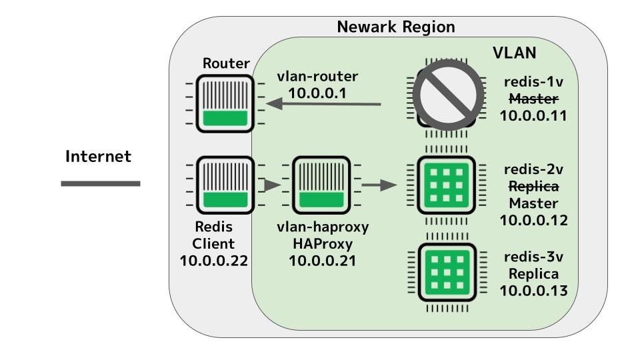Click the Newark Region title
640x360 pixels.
coord(395,27)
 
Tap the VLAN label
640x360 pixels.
coord(514,53)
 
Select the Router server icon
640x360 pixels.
coord(225,103)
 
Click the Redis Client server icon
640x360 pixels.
coord(225,185)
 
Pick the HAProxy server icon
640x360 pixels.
coord(321,185)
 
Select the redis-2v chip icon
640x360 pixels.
coord(446,185)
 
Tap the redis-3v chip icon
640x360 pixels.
coord(446,272)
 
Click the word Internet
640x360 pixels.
coord(98,157)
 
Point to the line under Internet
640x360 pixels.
coord(101,183)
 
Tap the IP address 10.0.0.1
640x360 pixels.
coord(317,93)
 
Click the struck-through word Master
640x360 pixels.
coord(533,99)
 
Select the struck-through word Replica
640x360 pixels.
coord(533,186)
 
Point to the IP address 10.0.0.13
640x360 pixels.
coord(533,291)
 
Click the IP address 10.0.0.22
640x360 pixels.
coord(213,261)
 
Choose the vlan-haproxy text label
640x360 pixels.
coord(323,227)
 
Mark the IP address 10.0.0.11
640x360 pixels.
coord(533,115)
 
